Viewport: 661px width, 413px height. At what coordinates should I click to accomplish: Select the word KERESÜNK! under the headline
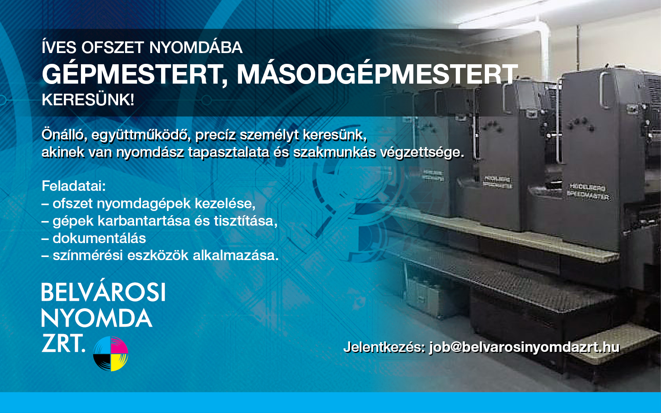coord(88,99)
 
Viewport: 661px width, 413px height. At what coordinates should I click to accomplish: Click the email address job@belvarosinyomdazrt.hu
coord(524,347)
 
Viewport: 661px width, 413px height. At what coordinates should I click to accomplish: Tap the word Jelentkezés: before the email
coord(385,347)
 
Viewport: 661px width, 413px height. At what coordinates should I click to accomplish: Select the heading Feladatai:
coord(74,186)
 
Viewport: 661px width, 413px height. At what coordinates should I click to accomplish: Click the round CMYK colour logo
coord(111,353)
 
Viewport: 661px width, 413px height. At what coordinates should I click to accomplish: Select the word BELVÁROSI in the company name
coord(103,292)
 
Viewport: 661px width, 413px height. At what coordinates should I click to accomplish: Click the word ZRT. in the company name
coord(64,343)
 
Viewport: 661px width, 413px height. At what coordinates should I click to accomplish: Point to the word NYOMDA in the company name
coord(97,318)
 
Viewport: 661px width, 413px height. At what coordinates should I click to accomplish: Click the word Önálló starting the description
coord(64,135)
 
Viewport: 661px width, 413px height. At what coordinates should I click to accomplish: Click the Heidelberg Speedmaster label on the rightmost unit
coord(588,192)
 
